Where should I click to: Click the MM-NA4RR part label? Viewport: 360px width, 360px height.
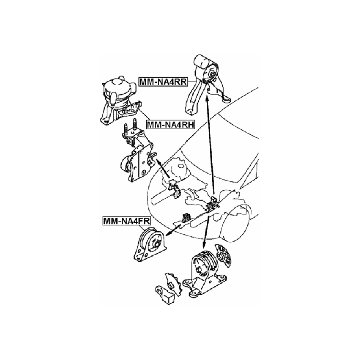163,82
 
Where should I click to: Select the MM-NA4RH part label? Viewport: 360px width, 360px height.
170,125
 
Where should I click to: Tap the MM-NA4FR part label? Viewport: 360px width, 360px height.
127,221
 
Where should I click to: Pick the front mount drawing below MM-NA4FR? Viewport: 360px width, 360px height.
150,245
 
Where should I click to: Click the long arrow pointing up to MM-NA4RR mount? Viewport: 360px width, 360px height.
210,145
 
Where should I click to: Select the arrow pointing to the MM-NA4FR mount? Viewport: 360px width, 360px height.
173,231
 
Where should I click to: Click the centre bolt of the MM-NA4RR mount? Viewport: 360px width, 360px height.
212,74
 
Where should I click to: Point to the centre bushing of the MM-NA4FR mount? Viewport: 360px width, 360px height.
156,244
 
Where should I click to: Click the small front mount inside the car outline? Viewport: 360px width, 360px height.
186,218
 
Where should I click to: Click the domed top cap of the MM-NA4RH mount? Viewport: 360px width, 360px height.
116,84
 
